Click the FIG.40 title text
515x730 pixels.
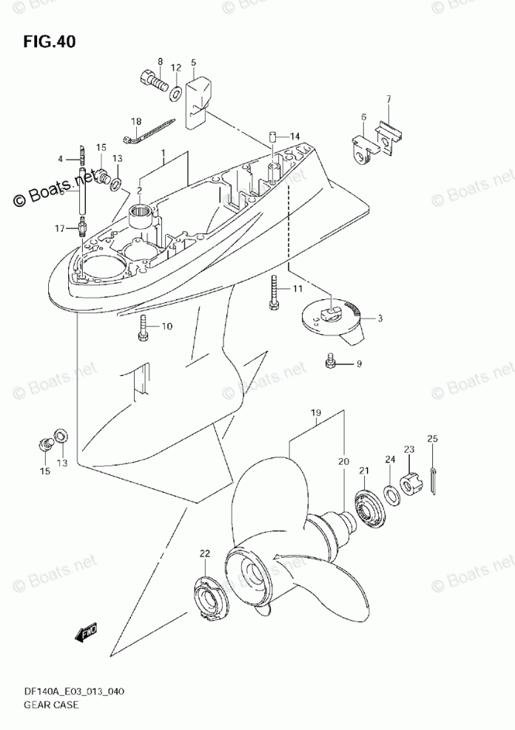click(50, 41)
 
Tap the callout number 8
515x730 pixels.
click(159, 61)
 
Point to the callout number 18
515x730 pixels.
click(136, 121)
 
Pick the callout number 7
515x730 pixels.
click(387, 99)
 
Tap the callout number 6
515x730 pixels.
click(363, 117)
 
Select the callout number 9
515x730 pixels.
click(359, 363)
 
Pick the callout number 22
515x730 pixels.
click(204, 553)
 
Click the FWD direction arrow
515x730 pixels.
click(87, 633)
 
